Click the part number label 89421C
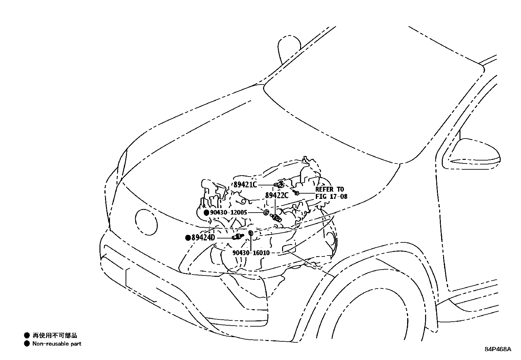point(245,185)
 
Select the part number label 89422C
point(277,196)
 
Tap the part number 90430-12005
point(229,213)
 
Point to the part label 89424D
point(203,238)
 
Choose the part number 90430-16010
point(251,253)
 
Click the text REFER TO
point(330,189)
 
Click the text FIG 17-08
point(331,197)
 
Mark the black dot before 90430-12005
point(207,213)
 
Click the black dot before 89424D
point(188,238)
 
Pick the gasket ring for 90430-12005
point(266,213)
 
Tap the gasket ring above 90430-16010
point(251,233)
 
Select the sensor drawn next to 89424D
point(238,237)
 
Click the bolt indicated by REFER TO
point(296,193)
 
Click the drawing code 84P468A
point(498,349)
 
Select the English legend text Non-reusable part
point(57,344)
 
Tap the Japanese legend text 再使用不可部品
point(55,335)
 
